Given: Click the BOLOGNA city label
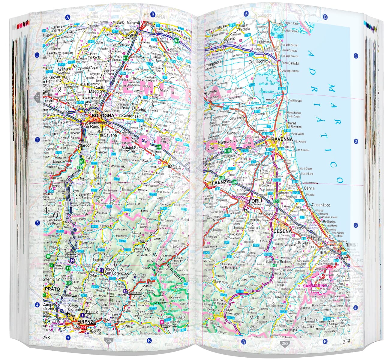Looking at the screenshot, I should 103,115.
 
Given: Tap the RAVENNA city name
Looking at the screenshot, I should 281,139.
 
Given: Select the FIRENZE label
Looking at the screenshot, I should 86,322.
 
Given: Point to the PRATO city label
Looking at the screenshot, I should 52,289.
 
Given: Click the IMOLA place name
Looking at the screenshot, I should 174,167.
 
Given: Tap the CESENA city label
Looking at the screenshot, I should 282,231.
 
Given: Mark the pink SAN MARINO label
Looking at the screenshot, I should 314,286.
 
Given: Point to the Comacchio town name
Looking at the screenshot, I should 257,61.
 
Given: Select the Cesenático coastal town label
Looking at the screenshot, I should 321,205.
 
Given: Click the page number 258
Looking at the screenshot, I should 46,337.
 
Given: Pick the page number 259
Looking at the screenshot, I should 346,341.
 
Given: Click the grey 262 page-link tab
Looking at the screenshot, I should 108,340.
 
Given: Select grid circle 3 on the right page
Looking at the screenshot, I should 356,226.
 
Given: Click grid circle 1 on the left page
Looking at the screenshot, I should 37,55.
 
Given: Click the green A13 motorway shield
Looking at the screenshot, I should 126,57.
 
